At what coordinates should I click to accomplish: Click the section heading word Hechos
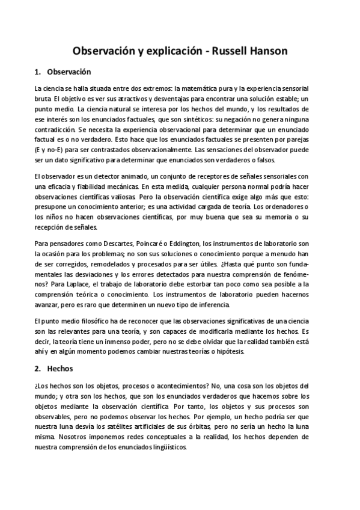pyautogui.click(x=61, y=367)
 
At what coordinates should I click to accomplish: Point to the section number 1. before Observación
pyautogui.click(x=38, y=72)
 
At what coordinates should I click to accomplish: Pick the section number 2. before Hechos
pyautogui.click(x=38, y=367)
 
